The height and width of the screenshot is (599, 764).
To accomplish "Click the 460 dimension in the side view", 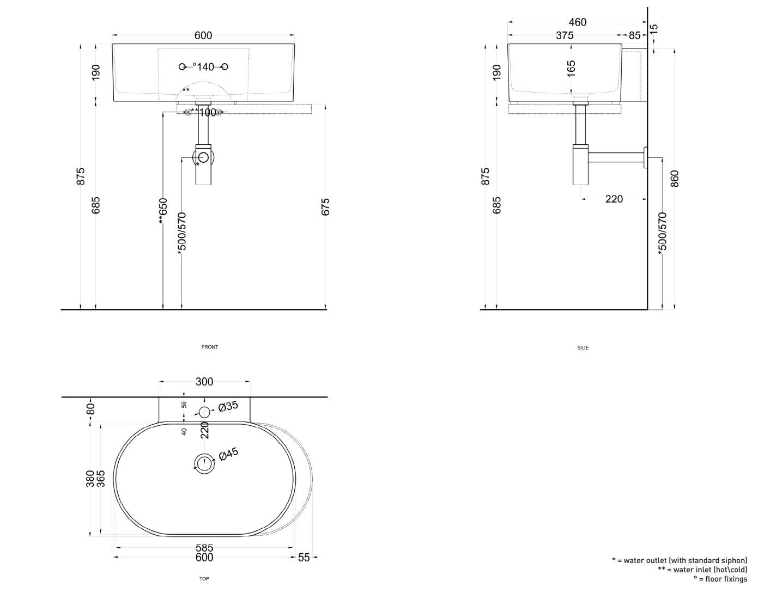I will (577, 22).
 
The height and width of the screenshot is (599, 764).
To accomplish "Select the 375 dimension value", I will (565, 35).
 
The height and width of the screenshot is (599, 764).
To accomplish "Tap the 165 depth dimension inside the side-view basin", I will (571, 68).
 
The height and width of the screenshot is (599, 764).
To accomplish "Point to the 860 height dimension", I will (675, 178).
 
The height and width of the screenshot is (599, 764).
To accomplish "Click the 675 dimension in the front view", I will (325, 207).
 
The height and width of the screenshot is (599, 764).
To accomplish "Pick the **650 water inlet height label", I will (162, 210).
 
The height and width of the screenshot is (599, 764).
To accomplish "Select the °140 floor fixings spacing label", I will (203, 67).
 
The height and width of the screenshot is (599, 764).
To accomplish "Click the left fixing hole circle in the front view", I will (183, 66).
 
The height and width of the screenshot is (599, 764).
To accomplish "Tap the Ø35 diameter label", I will (228, 406).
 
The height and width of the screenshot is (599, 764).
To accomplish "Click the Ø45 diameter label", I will (228, 455).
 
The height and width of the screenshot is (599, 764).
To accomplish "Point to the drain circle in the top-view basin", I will (204, 463).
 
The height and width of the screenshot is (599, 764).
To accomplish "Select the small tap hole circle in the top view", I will (204, 412).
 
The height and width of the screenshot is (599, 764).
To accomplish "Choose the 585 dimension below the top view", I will (204, 548).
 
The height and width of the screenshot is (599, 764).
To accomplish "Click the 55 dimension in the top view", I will (304, 557).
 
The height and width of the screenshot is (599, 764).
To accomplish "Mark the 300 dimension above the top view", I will (204, 382).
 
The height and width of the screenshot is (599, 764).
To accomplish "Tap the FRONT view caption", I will (210, 347).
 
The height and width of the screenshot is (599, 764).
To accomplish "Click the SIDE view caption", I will (583, 347).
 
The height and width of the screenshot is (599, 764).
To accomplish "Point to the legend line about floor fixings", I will (720, 579).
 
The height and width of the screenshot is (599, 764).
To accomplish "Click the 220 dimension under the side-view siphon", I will (614, 199).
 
